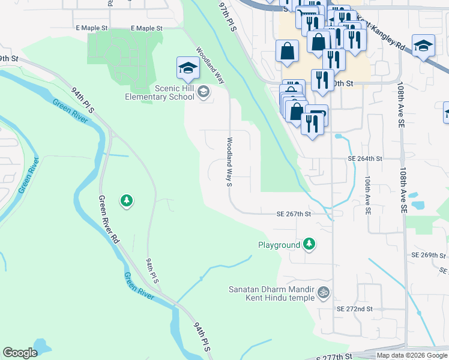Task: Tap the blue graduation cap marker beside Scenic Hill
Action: pyautogui.click(x=188, y=68)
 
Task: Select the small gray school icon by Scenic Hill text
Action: pyautogui.click(x=203, y=92)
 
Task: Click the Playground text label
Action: pyautogui.click(x=279, y=245)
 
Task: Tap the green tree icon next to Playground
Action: pyautogui.click(x=309, y=244)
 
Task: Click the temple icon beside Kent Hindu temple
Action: pyautogui.click(x=324, y=292)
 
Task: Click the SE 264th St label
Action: pyautogui.click(x=365, y=159)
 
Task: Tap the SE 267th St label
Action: pyautogui.click(x=294, y=214)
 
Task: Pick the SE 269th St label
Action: pyautogui.click(x=427, y=255)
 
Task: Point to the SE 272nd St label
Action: pyautogui.click(x=355, y=308)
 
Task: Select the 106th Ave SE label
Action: pyautogui.click(x=367, y=195)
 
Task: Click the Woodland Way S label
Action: pyautogui.click(x=229, y=162)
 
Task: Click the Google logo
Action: pyautogui.click(x=20, y=353)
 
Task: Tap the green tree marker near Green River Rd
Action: pyautogui.click(x=126, y=200)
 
